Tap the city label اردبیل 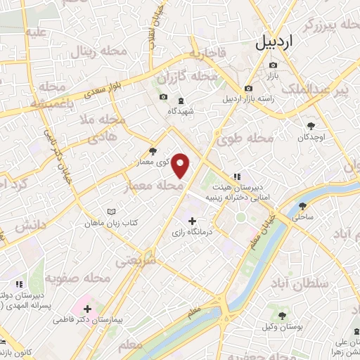click(275, 43)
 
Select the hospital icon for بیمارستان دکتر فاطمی click(87, 308)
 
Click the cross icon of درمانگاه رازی click(193, 221)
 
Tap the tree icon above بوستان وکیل click(282, 316)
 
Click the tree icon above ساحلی click(302, 206)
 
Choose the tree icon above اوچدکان click(310, 125)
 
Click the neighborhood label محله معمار click(161, 186)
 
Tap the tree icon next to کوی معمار click(154, 151)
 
